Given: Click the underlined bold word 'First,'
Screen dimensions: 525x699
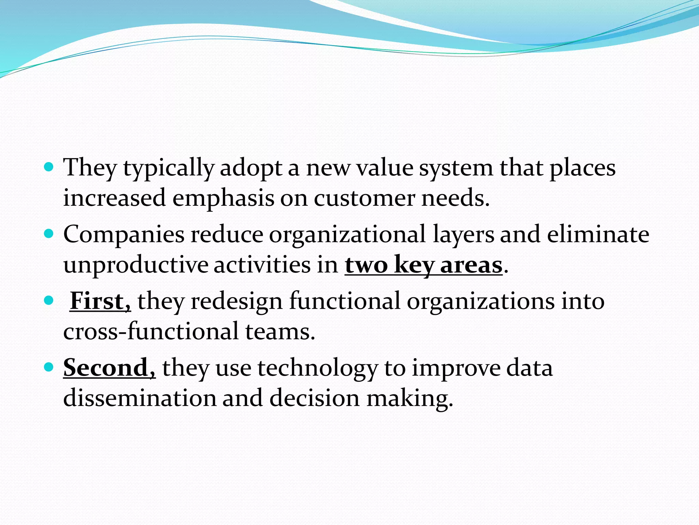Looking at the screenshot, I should [x=100, y=301].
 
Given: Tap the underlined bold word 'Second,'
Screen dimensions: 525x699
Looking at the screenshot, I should [x=109, y=368].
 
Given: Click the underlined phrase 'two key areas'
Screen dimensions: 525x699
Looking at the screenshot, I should [x=424, y=265].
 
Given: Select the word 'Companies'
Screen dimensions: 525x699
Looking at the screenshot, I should [x=124, y=235].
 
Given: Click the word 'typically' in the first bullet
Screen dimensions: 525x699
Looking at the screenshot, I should [x=169, y=169].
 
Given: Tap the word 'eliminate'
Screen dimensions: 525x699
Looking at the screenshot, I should [x=598, y=234].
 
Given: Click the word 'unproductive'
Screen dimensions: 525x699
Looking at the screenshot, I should [x=135, y=266].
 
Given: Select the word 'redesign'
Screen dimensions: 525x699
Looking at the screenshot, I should [x=237, y=302].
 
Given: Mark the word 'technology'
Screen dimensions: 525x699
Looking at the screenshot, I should [x=318, y=368].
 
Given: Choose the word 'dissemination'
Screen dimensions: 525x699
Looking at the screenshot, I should [x=140, y=398].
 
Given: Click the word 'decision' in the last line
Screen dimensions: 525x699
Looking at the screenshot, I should [x=314, y=399].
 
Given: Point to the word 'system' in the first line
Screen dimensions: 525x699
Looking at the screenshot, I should [x=456, y=169].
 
